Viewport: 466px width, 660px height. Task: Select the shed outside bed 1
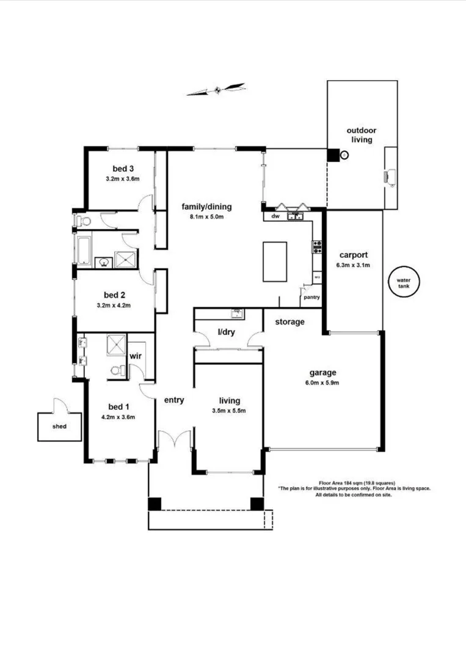[59, 426]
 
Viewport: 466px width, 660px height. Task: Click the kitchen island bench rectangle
[275, 262]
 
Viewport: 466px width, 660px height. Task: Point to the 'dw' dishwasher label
[275, 216]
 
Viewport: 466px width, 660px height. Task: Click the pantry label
[311, 298]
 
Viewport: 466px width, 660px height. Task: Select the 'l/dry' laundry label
[228, 332]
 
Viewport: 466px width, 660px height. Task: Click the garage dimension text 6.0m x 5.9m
[323, 383]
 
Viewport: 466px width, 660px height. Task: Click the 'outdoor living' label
[361, 135]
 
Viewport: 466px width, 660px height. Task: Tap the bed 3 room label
[123, 169]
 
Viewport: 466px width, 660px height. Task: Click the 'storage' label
[289, 321]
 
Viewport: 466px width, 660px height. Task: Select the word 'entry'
[174, 400]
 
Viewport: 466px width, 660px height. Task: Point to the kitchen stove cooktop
[318, 247]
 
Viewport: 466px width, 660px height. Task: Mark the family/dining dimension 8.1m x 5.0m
[207, 216]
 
